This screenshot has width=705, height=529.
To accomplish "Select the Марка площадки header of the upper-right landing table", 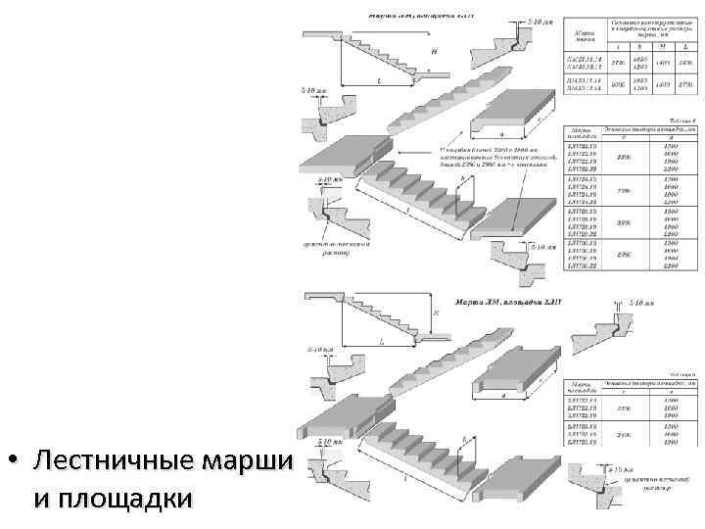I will [x=582, y=133].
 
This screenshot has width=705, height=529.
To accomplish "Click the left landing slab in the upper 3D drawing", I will [x=333, y=162].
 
